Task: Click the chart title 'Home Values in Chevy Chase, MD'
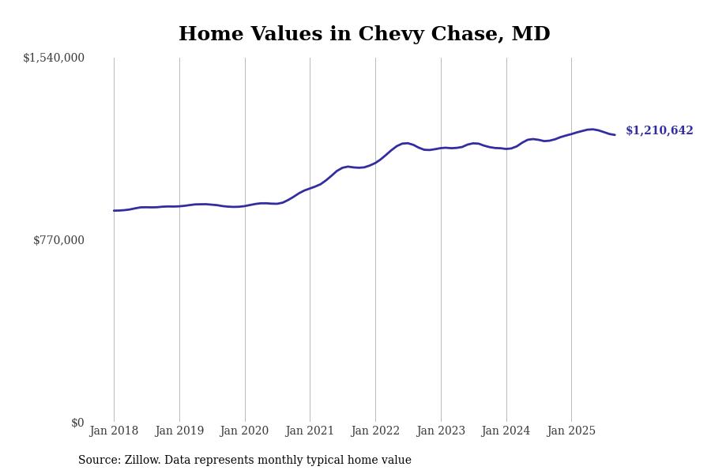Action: click(364, 35)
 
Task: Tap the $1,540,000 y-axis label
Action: click(54, 58)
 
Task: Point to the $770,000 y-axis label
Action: click(58, 240)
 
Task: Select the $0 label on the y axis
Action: click(77, 423)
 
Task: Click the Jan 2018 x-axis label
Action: click(114, 431)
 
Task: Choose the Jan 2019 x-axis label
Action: click(179, 431)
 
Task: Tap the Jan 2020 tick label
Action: click(245, 431)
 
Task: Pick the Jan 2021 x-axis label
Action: click(310, 431)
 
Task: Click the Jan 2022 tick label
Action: click(375, 431)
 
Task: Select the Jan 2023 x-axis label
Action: click(441, 431)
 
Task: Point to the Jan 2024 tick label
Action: click(506, 431)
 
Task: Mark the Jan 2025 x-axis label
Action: click(571, 431)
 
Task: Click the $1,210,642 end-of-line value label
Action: click(660, 131)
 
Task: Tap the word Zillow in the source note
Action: click(144, 461)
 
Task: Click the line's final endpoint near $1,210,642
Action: click(615, 135)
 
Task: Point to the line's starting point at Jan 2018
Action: click(114, 211)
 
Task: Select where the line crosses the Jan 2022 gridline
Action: click(375, 163)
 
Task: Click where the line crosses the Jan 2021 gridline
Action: click(310, 189)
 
